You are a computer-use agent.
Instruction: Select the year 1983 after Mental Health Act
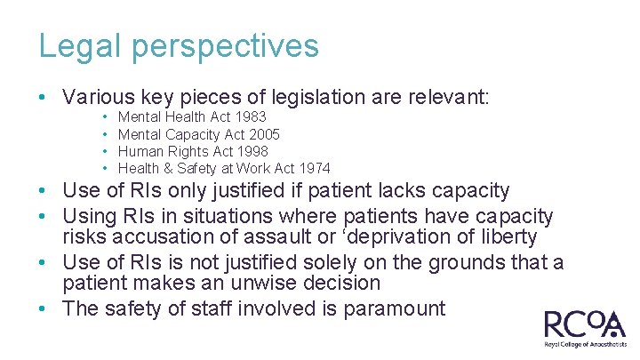pyautogui.click(x=250, y=117)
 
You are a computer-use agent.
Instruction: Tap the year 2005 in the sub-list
pyautogui.click(x=264, y=134)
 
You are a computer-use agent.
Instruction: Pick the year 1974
pyautogui.click(x=314, y=168)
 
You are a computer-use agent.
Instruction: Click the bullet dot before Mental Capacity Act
pyautogui.click(x=106, y=134)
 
